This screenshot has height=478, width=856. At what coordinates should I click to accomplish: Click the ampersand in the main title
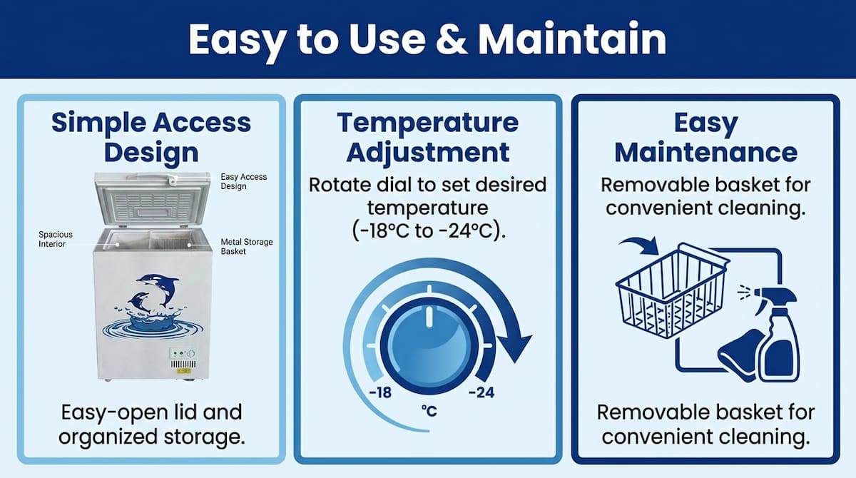[452, 39]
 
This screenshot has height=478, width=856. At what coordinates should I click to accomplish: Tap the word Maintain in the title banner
[572, 39]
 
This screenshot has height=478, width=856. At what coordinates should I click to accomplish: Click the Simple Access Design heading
[151, 138]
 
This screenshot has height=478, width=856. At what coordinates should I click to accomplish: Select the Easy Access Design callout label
[244, 181]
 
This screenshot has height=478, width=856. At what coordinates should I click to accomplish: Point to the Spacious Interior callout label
[56, 239]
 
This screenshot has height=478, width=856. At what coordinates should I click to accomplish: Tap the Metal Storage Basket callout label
[247, 246]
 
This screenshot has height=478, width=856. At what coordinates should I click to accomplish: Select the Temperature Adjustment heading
[427, 138]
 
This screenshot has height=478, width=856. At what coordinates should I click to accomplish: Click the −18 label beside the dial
[380, 392]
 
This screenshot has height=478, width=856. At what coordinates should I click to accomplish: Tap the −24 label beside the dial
[481, 392]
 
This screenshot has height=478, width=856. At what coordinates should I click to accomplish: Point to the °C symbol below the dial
[429, 411]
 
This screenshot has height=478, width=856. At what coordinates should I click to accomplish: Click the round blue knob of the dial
[429, 346]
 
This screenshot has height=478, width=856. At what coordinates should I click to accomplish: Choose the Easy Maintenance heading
[705, 138]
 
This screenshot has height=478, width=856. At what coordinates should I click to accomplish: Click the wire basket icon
[672, 291]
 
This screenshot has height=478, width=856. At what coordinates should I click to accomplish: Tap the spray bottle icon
[777, 334]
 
